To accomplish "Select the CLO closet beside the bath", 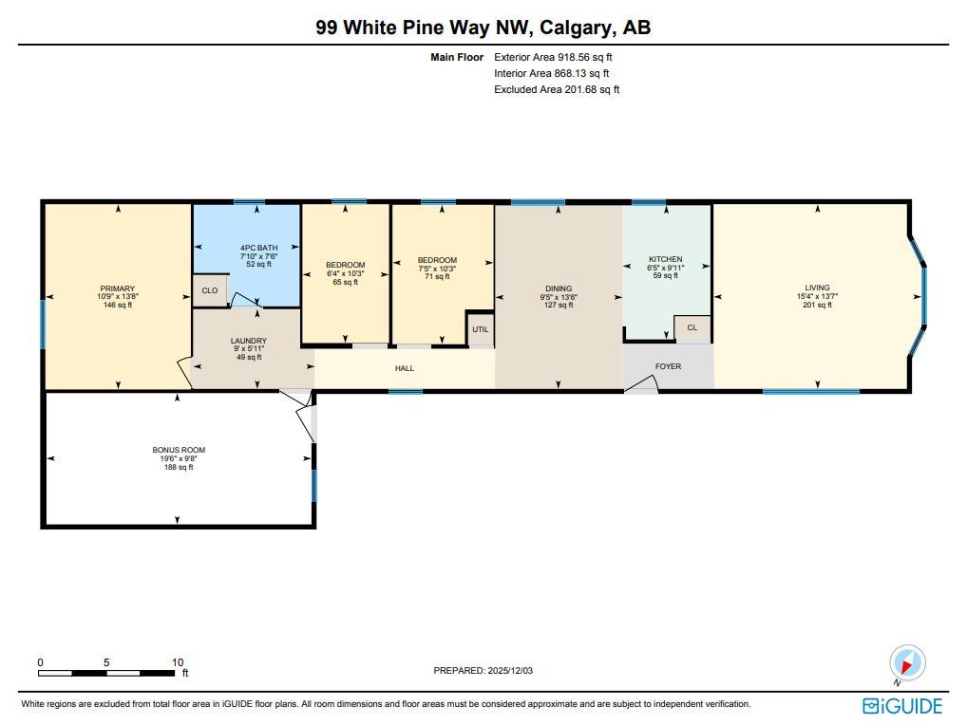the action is (x=210, y=290).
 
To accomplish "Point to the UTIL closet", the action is (x=481, y=329).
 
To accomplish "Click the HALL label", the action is (x=405, y=368).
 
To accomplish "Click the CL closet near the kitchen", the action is (x=692, y=327).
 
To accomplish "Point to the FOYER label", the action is (x=668, y=366).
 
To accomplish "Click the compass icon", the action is (x=907, y=663).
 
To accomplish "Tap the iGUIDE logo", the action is (x=902, y=706).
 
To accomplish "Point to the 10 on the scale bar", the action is (x=178, y=662).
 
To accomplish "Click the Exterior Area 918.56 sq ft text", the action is (x=553, y=57).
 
